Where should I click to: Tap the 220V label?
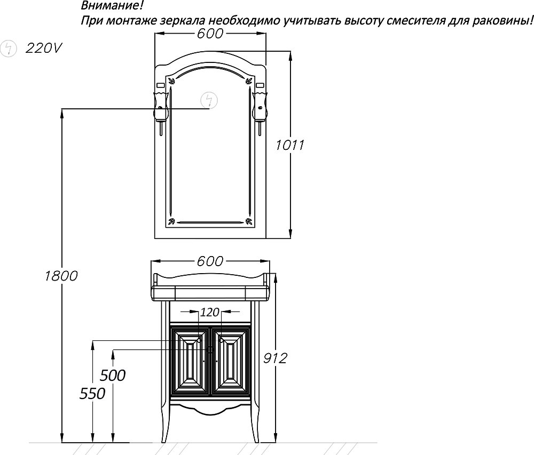tap(44, 49)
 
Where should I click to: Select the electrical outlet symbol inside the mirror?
tap(209, 100)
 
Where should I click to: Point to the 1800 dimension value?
tap(61, 276)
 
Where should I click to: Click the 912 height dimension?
tap(275, 358)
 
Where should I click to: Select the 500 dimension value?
tap(113, 375)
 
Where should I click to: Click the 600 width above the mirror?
tap(209, 33)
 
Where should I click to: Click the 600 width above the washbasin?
tap(209, 261)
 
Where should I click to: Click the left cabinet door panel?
tap(190, 363)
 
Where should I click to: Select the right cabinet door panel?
tap(231, 363)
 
